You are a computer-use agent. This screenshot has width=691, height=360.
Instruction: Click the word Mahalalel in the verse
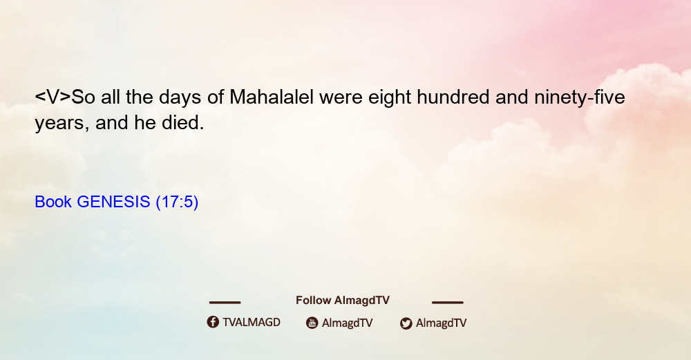point(272,97)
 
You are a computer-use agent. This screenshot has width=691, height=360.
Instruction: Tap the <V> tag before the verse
point(53,97)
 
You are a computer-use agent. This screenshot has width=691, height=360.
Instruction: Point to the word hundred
point(453,97)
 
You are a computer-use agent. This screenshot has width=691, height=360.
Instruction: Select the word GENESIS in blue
point(113,202)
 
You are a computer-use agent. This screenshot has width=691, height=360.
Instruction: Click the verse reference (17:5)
point(177,202)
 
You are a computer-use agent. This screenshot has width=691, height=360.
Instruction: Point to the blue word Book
point(53,202)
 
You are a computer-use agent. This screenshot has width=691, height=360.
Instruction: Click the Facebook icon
point(213,322)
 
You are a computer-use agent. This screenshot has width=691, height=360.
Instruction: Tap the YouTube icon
point(312,323)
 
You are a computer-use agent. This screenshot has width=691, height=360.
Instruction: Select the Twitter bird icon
point(406,323)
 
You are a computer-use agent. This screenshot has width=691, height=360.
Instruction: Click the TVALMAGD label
point(252,323)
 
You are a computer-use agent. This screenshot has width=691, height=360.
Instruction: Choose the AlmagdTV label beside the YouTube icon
point(348,323)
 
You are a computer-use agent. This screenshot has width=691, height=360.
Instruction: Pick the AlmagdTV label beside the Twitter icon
point(441,323)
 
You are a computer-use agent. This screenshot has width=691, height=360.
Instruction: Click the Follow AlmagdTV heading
point(343,301)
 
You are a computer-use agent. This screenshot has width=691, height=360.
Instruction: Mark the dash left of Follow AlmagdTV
point(225,303)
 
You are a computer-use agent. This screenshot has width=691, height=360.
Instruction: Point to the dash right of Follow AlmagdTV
point(448,303)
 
